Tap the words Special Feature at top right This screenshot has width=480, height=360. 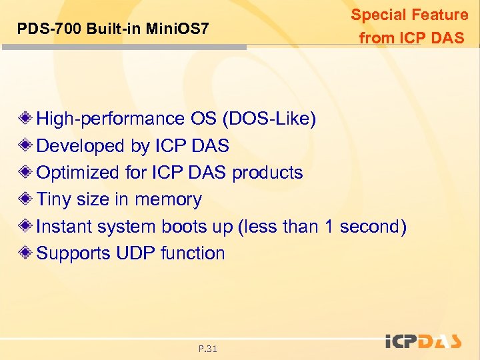coord(409,15)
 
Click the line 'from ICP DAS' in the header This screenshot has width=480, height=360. coord(411,38)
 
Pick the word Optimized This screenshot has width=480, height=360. coord(79,173)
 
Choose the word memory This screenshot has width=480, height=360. coord(168,199)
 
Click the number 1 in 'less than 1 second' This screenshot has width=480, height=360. coord(329,227)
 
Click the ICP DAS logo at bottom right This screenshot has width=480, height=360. coord(423,341)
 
